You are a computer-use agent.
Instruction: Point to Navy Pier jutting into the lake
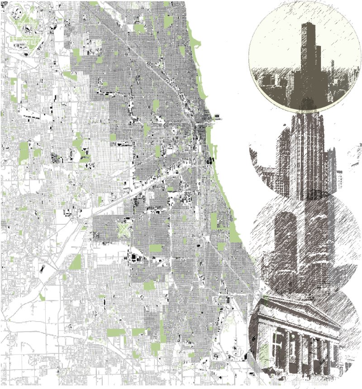coord(218,117)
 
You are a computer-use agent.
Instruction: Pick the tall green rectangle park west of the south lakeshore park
coord(214,221)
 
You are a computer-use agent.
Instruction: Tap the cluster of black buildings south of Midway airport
coord(134,258)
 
